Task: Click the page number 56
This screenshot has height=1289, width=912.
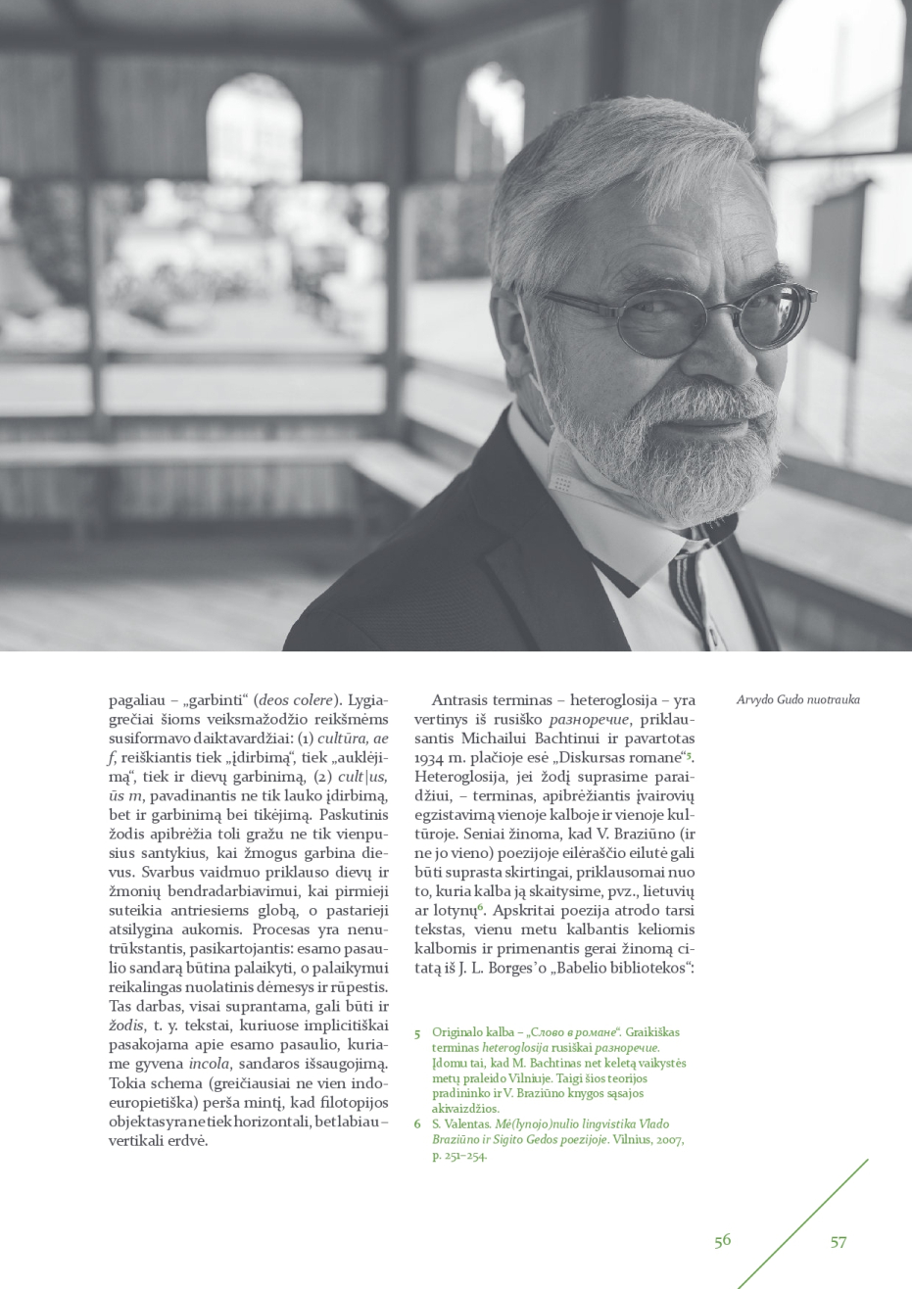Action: [x=722, y=1240]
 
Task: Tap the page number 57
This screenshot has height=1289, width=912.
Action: [x=839, y=1241]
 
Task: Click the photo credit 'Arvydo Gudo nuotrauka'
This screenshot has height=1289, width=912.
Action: [x=797, y=699]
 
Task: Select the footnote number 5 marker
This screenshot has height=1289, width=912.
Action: [x=417, y=1032]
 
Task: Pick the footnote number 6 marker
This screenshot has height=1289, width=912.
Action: [x=417, y=1123]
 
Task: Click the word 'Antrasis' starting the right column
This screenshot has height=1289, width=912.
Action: [x=464, y=699]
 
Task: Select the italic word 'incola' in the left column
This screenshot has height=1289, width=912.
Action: [x=209, y=1064]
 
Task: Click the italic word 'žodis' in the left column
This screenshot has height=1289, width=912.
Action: [x=125, y=1026]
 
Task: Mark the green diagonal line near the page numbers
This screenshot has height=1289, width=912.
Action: [x=803, y=1223]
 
